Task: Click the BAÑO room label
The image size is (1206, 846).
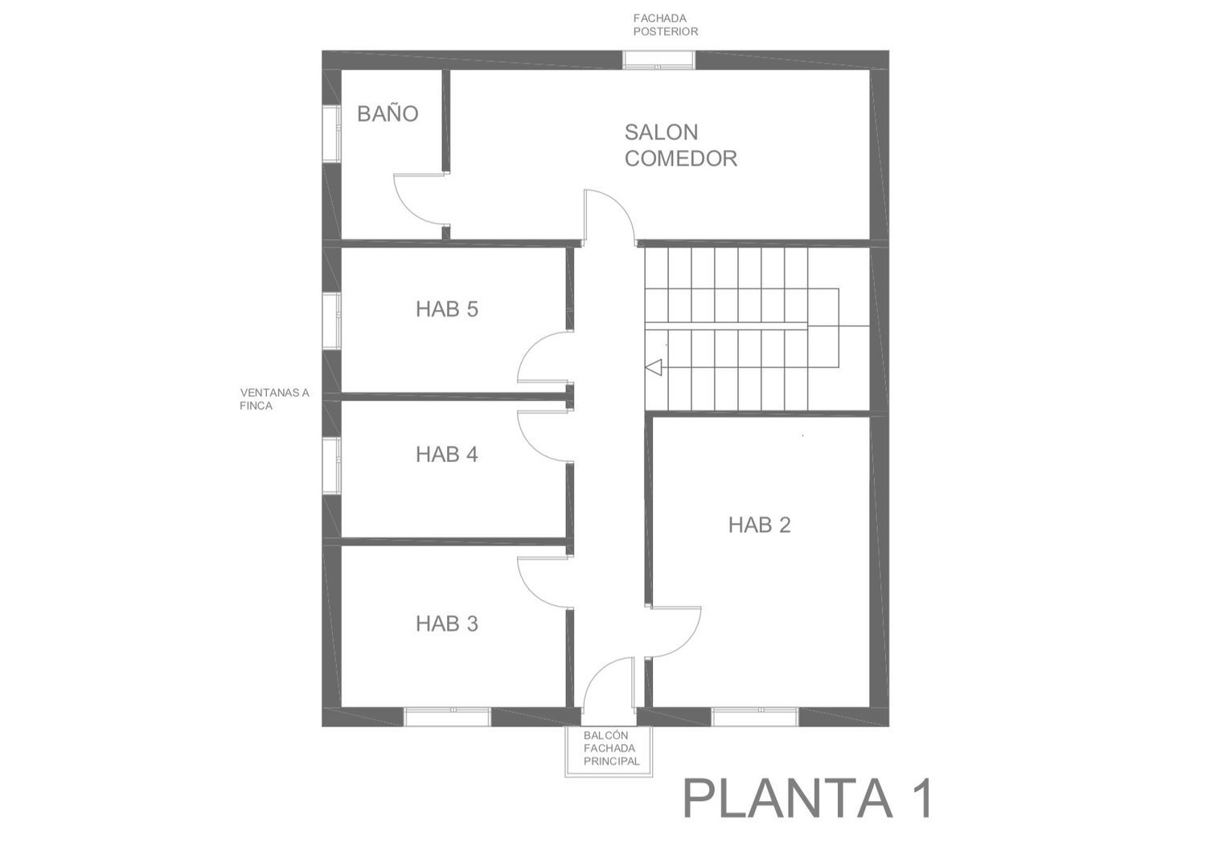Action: [388, 113]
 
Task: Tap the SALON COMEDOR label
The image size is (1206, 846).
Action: [680, 145]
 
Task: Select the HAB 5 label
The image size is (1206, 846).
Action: [447, 309]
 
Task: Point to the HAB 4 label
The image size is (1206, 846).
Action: [447, 454]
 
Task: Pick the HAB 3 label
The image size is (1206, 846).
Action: [447, 623]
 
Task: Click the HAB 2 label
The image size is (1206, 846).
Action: [760, 525]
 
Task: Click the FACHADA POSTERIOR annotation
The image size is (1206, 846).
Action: [666, 25]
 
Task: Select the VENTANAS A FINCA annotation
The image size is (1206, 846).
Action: [275, 399]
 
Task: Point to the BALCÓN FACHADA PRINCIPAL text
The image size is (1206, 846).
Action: [612, 748]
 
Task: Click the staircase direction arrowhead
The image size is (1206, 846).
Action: [653, 368]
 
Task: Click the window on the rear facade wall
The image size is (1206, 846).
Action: [658, 59]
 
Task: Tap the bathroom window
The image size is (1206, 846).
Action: [331, 134]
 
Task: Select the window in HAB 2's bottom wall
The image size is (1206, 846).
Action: [755, 717]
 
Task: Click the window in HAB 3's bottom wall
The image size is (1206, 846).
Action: [447, 717]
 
